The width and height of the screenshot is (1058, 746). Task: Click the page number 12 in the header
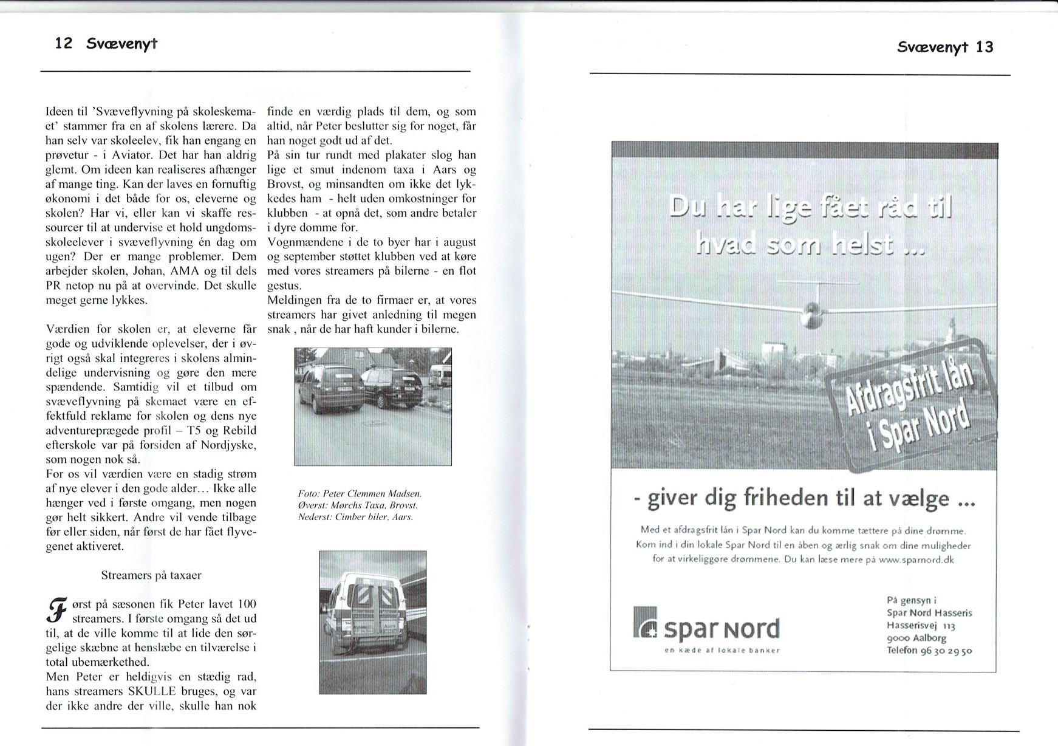point(64,43)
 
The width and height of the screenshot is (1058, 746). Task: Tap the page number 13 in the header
point(985,47)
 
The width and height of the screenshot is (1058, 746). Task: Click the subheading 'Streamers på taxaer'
point(151,575)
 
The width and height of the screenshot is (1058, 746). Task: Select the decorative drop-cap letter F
point(56,611)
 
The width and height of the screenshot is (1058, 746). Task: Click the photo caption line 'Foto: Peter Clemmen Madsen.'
point(360,493)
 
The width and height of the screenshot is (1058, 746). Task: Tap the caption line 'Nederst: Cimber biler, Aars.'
point(355,517)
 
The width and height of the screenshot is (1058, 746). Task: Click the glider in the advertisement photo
point(810,311)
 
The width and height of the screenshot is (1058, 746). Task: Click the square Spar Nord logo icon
point(646,623)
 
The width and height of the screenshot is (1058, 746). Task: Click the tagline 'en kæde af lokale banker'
point(722,650)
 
